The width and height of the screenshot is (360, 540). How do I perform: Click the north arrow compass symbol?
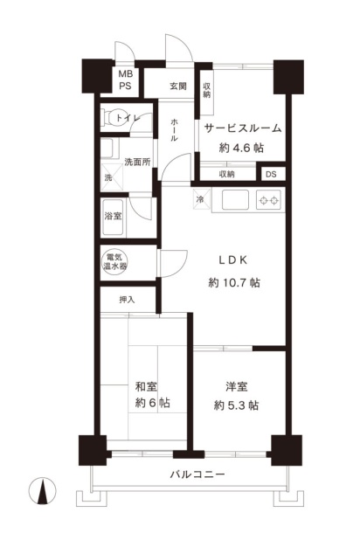42,491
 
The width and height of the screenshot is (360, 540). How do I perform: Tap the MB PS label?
126,80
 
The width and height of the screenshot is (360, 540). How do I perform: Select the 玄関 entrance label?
178,86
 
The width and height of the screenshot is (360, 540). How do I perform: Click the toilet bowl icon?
110,118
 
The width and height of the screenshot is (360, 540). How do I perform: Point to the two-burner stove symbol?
269,200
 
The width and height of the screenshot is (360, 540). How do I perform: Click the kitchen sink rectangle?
235,200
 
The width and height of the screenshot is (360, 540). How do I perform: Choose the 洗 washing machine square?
112,177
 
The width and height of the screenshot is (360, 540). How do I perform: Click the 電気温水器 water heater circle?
114,262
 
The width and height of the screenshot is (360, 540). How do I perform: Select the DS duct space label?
271,174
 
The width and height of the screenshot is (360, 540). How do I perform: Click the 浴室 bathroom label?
113,216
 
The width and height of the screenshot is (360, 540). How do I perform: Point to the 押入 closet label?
127,300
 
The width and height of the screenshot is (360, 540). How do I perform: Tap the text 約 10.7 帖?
234,283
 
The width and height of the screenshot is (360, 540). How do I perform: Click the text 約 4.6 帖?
241,148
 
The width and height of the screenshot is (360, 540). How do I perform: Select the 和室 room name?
146,386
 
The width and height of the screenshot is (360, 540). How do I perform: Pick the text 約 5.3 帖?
236,405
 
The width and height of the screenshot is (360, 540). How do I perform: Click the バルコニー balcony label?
197,474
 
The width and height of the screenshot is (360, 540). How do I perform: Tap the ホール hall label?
174,130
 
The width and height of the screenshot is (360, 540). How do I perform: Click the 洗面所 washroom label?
137,162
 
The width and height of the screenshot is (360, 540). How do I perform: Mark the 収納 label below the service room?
226,174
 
